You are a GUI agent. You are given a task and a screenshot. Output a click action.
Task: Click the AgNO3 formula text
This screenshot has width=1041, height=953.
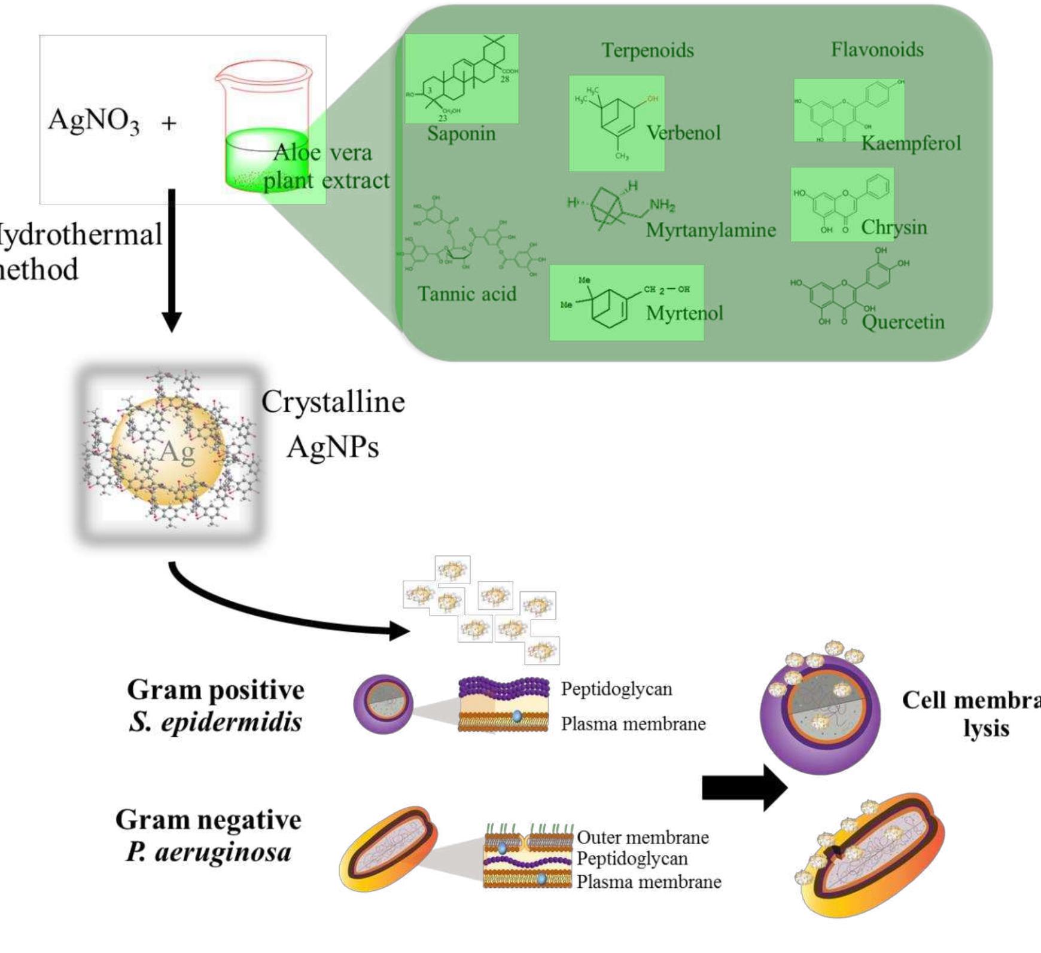(x=94, y=120)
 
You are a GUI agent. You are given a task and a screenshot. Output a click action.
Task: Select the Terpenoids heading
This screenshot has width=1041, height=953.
(x=647, y=50)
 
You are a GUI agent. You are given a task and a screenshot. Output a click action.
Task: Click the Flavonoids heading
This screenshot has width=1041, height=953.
(x=876, y=49)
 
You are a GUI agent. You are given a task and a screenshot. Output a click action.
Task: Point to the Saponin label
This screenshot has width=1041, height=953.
(x=461, y=133)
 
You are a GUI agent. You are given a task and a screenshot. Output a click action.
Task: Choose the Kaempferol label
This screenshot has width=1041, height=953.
(x=911, y=143)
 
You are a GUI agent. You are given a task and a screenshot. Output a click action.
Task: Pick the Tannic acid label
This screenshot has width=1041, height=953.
(x=467, y=294)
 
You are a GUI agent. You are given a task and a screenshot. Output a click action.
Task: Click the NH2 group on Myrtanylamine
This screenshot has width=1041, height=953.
(x=662, y=205)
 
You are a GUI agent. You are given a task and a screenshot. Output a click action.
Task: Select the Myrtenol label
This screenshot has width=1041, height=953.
(x=684, y=313)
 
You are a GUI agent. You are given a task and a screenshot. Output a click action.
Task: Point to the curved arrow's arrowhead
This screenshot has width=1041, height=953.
(x=400, y=630)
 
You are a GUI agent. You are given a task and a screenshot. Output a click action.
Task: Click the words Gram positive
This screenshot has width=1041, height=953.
(x=215, y=690)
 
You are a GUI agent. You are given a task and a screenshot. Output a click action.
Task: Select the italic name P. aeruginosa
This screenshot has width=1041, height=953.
(x=208, y=851)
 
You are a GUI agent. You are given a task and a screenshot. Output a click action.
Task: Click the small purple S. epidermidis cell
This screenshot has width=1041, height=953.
(x=383, y=704)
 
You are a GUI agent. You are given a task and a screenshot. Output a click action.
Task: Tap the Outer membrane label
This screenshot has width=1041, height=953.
(x=643, y=838)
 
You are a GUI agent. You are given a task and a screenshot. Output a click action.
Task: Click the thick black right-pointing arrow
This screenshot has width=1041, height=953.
(x=744, y=788)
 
